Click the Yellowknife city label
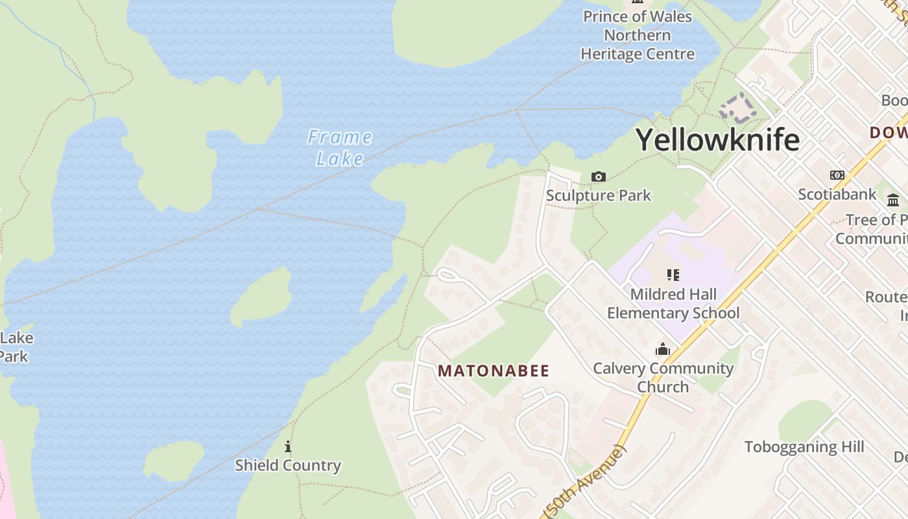717,139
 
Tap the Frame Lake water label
340,147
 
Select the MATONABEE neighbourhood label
494,371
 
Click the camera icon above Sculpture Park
598,176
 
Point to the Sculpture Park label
598,195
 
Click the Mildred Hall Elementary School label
673,304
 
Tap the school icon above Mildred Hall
673,275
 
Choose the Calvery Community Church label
663,378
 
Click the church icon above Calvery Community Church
662,350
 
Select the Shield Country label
287,465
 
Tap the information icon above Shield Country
288,446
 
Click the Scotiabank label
837,194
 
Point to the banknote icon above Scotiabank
837,175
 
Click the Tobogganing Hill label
804,447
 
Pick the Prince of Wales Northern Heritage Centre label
638,35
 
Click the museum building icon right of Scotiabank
893,200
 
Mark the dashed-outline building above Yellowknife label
737,108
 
